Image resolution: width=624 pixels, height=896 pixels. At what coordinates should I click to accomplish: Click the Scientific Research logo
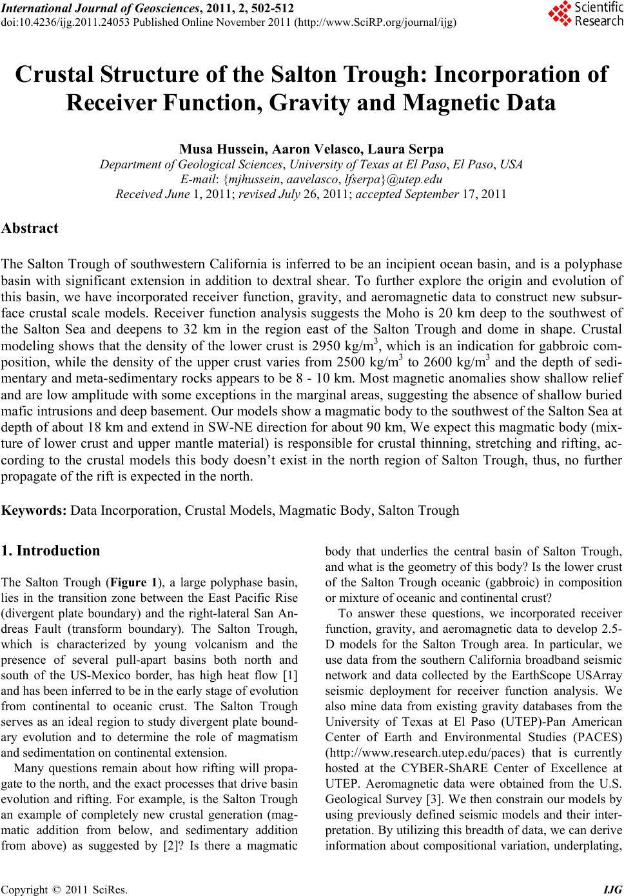pos(585,15)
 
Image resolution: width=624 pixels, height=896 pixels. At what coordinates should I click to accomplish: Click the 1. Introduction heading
pos(51,551)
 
